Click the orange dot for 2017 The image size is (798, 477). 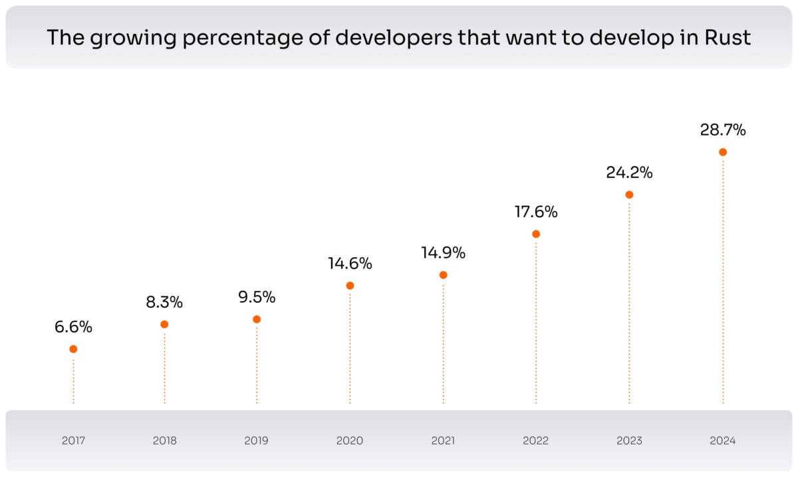pos(73,349)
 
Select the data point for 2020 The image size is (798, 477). pos(350,286)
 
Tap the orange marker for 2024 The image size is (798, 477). pos(723,152)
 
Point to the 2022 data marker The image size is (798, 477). pos(536,234)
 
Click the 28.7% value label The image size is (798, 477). pos(723,130)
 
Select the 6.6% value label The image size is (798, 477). pos(73,327)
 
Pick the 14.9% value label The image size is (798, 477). pos(443,253)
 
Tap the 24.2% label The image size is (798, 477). pos(629,173)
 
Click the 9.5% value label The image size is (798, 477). pos(257,297)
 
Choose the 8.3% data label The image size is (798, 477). pos(164,302)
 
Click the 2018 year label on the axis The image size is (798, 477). pos(164,440)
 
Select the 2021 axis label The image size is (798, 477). pos(443,440)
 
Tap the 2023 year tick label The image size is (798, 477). pos(629,440)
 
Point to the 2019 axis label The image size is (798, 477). pos(257,440)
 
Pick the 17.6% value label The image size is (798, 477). pos(536,213)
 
